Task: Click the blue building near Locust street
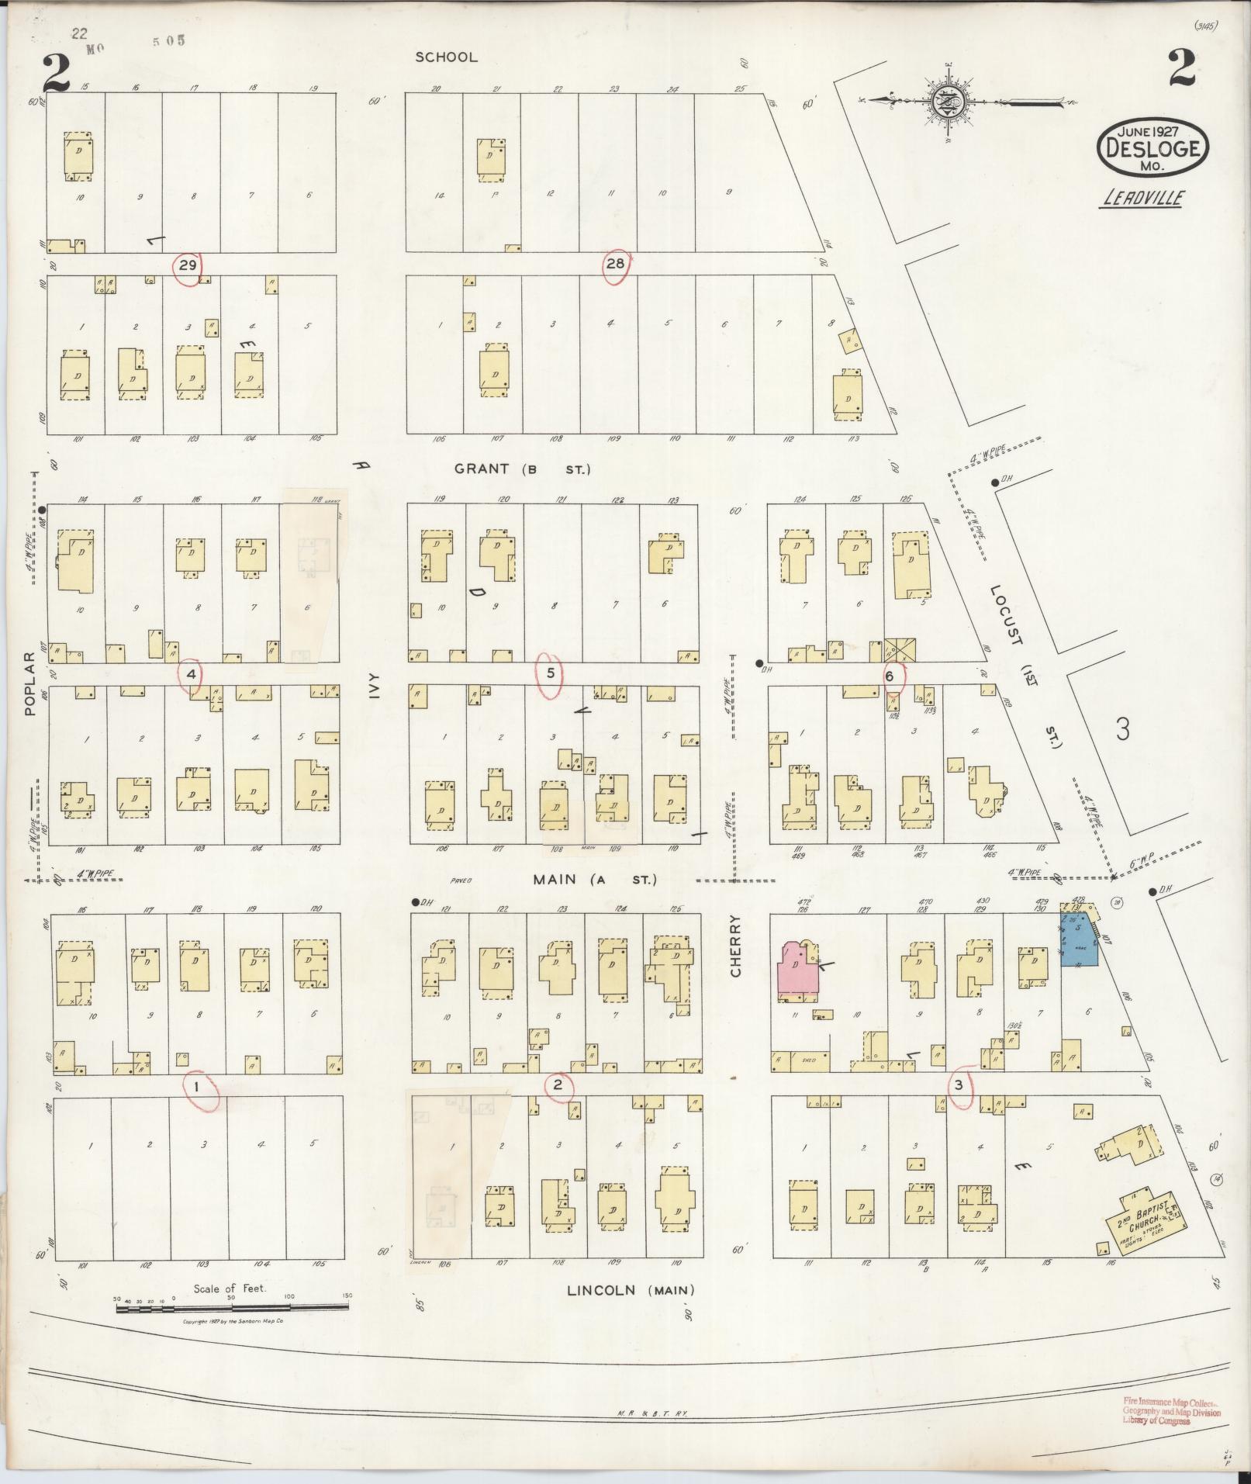coord(1079,940)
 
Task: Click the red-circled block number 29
coord(187,265)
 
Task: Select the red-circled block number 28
coord(615,264)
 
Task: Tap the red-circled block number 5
coord(550,673)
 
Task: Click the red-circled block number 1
coord(198,1086)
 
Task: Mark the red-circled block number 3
coord(960,1085)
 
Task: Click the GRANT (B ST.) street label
coord(523,469)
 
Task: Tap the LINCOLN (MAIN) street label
coord(631,1290)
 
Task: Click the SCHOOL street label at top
coord(446,57)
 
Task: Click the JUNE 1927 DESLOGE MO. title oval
coord(1153,147)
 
